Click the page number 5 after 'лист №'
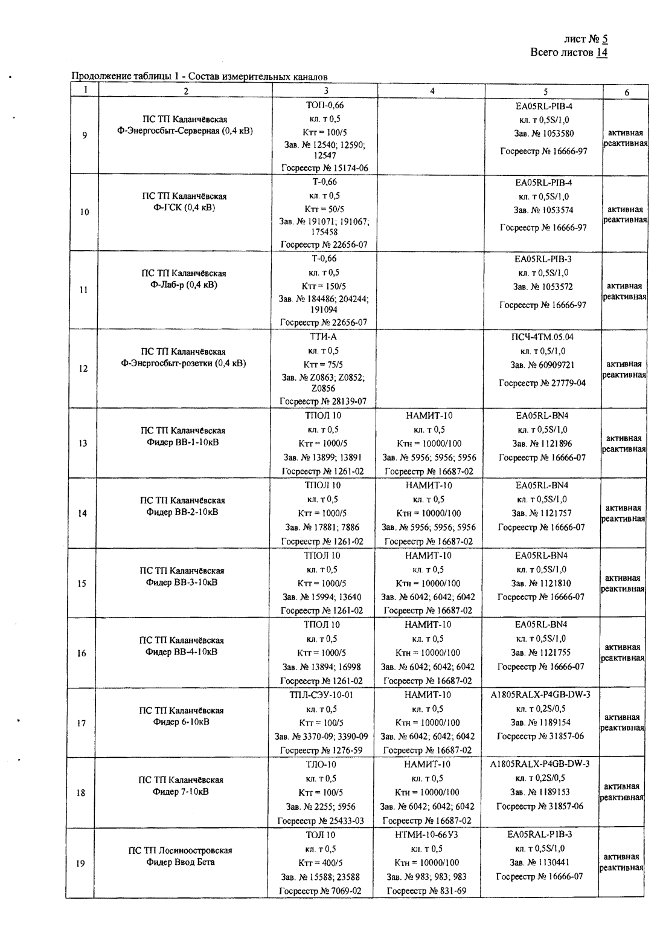tap(604, 39)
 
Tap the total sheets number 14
tap(601, 53)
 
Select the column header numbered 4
tap(432, 91)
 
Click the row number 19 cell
tap(80, 864)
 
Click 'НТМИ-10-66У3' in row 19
tap(428, 835)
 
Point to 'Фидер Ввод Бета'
tap(181, 862)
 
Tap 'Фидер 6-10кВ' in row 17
tap(181, 722)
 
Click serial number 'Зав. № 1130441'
tap(540, 862)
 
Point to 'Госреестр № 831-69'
tap(426, 890)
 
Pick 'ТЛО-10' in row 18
tap(321, 764)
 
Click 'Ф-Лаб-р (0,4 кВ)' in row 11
tap(184, 285)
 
